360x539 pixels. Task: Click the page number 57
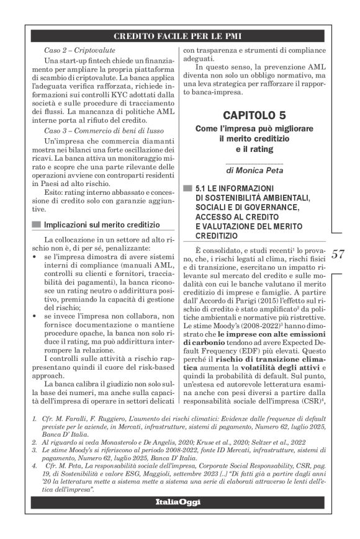point(338,254)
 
